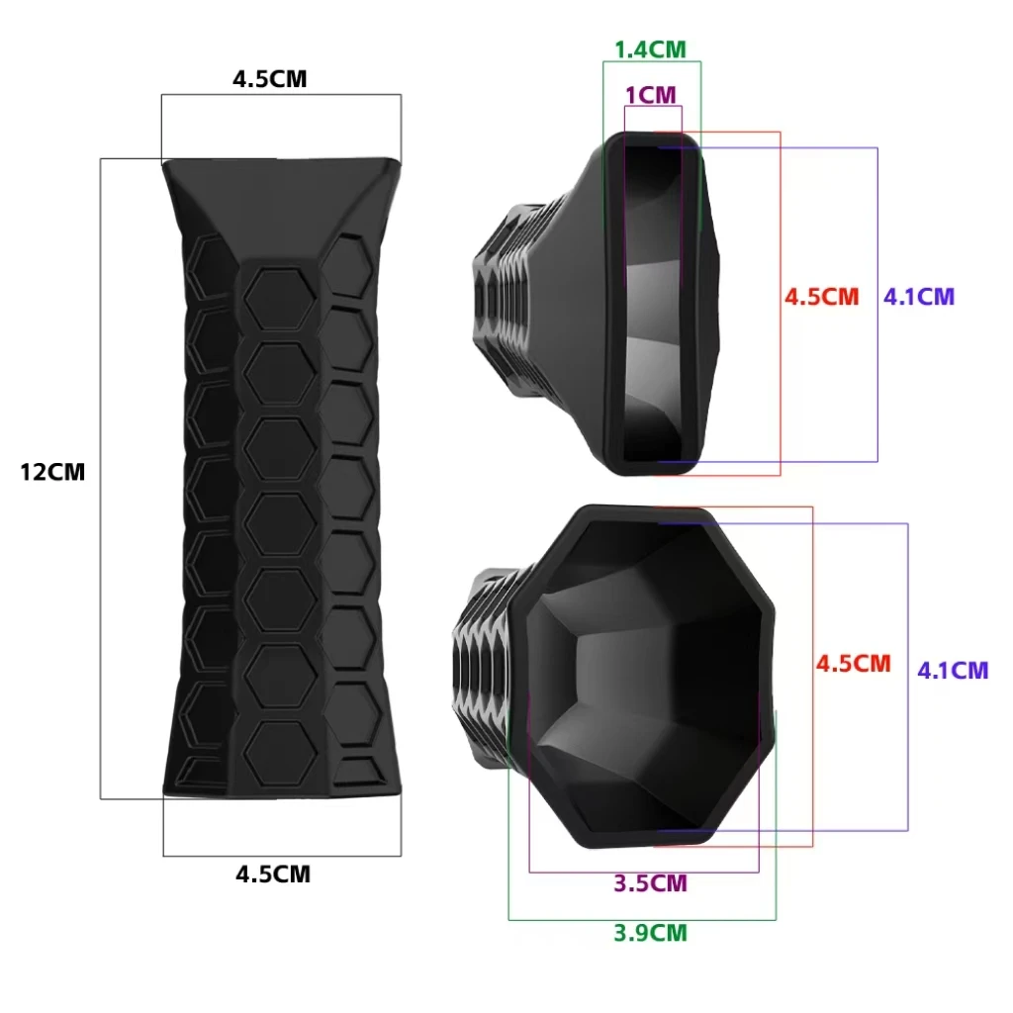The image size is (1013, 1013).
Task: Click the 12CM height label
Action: tap(52, 472)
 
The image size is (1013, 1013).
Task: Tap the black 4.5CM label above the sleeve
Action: tap(269, 79)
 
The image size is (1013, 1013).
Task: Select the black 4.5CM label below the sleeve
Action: tap(273, 875)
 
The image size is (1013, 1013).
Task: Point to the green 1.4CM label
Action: tap(650, 49)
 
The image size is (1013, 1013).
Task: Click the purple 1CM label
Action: tap(651, 96)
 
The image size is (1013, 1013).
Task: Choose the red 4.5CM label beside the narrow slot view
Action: tap(822, 297)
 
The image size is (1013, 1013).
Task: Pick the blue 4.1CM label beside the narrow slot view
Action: tap(919, 297)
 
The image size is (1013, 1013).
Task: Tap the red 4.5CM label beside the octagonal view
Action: tap(854, 664)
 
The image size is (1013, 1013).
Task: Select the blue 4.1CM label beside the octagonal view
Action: tap(953, 671)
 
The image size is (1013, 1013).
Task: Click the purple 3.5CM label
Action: tap(650, 883)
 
